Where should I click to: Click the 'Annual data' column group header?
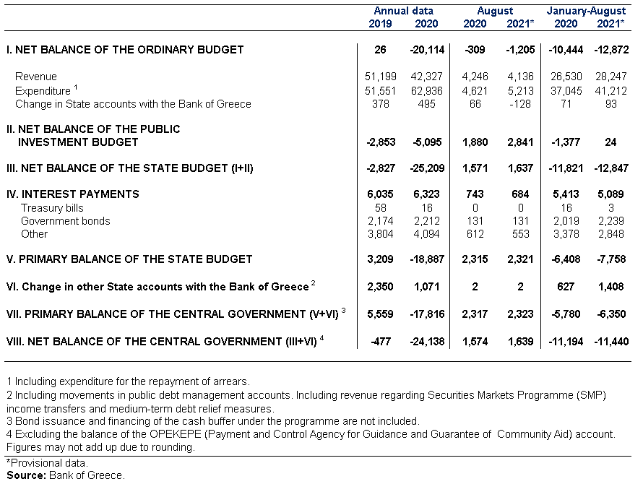403,11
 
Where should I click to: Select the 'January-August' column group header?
586,11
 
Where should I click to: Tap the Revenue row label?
35,77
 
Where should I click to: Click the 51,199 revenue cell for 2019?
381,77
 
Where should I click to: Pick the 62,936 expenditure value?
426,90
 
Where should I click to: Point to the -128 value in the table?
520,104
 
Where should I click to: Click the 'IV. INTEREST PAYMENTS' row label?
72,194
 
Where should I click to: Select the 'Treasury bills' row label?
52,208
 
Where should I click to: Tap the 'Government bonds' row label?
66,221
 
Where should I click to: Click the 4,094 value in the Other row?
426,234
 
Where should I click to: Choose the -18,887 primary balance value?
427,259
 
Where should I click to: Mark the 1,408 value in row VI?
611,286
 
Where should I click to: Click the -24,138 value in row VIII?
427,341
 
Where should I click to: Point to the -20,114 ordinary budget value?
427,50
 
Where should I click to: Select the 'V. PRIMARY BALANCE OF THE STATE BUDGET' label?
129,259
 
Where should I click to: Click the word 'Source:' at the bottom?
26,475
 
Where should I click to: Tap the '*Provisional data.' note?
47,463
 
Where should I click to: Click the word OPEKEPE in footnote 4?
175,434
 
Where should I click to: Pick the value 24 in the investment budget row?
610,142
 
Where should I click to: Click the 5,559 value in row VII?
380,314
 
